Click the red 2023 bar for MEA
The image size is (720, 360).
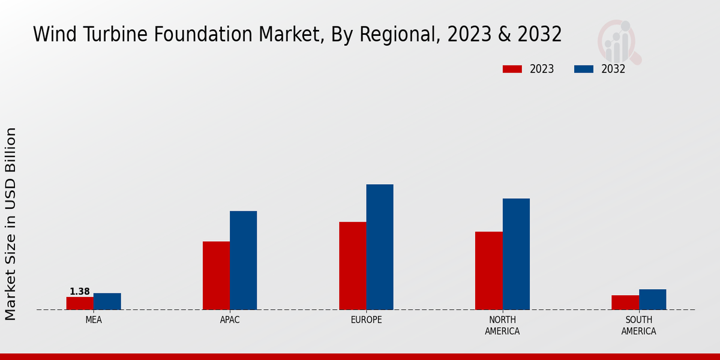click(80, 303)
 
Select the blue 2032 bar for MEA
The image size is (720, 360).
click(107, 301)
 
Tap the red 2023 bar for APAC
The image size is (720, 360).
click(216, 275)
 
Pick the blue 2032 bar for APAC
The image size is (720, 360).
click(243, 260)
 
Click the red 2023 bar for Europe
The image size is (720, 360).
click(352, 266)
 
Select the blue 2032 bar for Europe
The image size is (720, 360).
click(380, 247)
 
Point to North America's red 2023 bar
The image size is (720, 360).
click(488, 271)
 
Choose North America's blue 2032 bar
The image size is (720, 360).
click(516, 254)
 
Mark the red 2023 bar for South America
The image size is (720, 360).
click(625, 302)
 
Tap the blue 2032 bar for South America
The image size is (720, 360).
click(652, 299)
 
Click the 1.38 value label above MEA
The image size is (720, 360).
click(80, 292)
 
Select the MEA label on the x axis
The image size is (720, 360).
click(94, 320)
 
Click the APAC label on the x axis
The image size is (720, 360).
click(230, 320)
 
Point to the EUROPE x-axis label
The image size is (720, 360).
click(366, 320)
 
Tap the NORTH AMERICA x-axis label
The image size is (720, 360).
click(502, 325)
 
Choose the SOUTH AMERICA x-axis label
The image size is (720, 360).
click(638, 325)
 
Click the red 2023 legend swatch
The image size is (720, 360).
click(512, 69)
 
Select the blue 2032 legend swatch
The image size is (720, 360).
click(583, 69)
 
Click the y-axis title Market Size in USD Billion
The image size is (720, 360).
click(11, 223)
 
